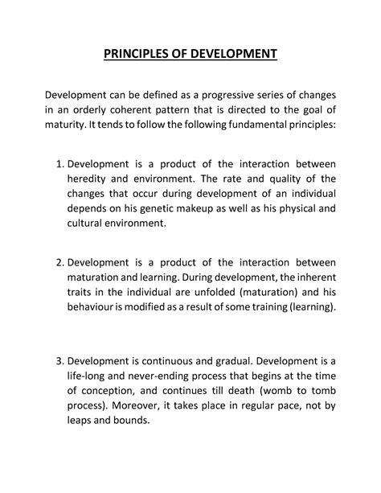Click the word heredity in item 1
(x=89, y=179)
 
